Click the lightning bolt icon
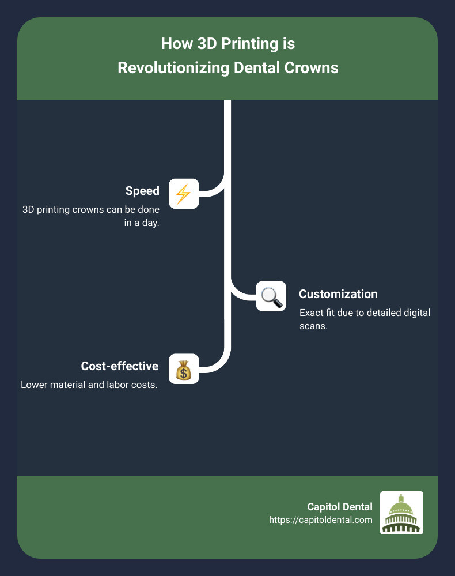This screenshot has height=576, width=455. point(183,194)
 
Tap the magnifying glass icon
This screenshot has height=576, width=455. point(271,296)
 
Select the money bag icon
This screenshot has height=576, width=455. point(183,369)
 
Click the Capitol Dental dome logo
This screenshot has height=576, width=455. point(401,513)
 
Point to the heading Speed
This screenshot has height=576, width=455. point(142,191)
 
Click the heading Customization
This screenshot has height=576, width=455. point(338,294)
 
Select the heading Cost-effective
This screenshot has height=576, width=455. point(119,366)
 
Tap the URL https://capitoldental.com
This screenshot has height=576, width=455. point(321,519)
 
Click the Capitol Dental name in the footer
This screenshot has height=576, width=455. point(340,507)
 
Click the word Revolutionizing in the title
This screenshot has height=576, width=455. point(173,67)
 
